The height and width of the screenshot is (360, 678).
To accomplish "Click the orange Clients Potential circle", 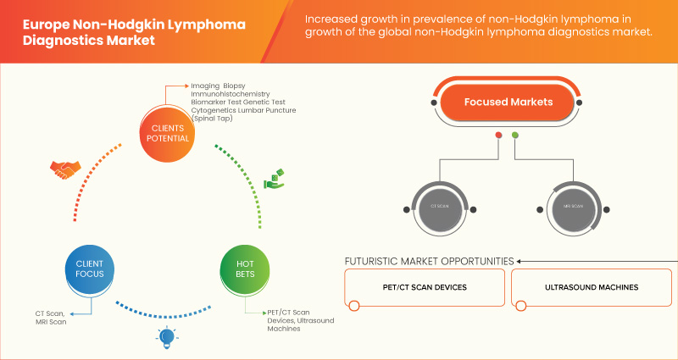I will coord(167,134).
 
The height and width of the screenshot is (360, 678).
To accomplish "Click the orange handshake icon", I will coord(65,169).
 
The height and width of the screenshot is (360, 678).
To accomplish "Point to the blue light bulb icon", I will coord(167,339).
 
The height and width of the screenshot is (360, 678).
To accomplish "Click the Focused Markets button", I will coord(507,102).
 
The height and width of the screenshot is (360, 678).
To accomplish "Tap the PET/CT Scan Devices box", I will coord(424,287).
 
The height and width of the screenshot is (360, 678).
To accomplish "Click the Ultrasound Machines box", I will coord(592,287).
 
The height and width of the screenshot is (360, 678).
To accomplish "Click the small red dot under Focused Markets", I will coord(498,135).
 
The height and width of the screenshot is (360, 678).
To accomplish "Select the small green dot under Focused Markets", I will coord(515,135).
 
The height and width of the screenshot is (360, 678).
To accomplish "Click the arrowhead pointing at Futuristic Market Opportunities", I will coord(521,261).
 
